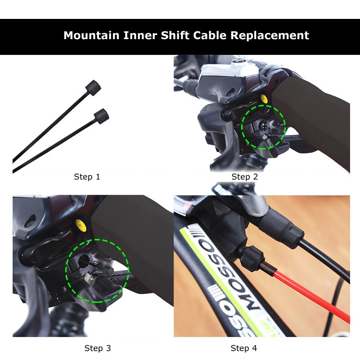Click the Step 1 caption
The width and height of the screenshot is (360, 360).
tap(87, 177)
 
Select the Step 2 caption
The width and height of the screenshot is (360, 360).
tap(245, 177)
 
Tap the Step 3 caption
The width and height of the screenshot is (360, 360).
tap(98, 348)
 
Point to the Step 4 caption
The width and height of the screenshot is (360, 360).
tap(244, 348)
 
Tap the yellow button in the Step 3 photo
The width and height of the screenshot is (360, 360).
tap(81, 223)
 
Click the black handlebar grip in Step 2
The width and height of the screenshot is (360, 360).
tap(315, 117)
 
